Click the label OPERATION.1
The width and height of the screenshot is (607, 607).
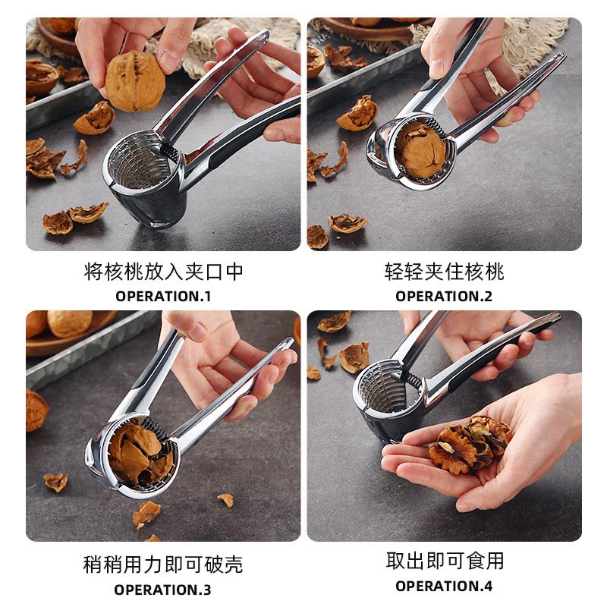[x=163, y=296]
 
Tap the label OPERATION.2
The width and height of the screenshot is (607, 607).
[x=444, y=296]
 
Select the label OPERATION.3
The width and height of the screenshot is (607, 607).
[x=162, y=590]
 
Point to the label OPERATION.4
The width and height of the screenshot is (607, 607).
[x=444, y=586]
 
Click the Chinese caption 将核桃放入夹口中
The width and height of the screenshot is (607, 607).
[x=163, y=272]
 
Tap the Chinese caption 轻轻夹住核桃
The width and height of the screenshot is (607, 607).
[x=444, y=272]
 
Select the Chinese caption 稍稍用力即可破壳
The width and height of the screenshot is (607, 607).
[x=163, y=565]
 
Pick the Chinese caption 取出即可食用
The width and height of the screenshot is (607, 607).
[x=445, y=561]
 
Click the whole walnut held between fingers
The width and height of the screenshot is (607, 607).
[x=135, y=81]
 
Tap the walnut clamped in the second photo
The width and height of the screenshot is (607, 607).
[x=420, y=150]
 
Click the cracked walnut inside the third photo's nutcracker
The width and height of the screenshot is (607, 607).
[x=140, y=451]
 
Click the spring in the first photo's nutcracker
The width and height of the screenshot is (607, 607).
[x=170, y=153]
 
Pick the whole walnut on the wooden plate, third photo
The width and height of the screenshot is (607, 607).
[x=70, y=323]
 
